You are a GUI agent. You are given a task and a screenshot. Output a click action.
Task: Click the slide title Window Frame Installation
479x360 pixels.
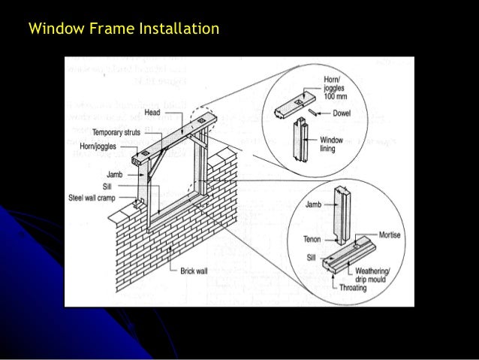[x=123, y=30]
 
